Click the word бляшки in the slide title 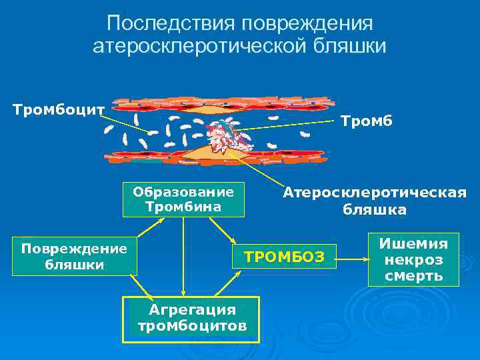point(351,46)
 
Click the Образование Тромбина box point(183,199)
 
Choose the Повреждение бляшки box point(74,256)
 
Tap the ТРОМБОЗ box point(285,256)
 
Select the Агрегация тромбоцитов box point(192,317)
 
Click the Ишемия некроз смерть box point(413,259)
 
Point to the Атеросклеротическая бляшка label point(374,201)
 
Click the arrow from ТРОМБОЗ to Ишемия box point(353,254)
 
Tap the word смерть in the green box point(413,275)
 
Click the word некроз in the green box point(413,259)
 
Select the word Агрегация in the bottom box point(192,310)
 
